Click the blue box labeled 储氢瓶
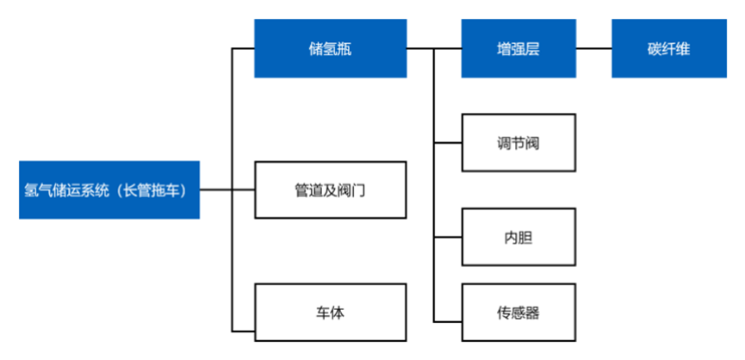point(330,48)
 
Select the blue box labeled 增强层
point(518,48)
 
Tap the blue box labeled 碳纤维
point(669,48)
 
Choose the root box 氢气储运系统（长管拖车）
point(109,190)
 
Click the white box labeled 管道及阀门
point(330,190)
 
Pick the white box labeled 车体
point(330,313)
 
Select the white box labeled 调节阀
point(518,142)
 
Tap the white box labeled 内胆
point(518,237)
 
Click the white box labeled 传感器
point(518,313)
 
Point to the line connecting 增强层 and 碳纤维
point(594,48)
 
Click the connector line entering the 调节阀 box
point(448,142)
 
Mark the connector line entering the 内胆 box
point(448,237)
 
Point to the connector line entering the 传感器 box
point(448,322)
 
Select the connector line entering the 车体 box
point(243,332)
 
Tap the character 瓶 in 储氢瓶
point(345,49)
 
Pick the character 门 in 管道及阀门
point(359,191)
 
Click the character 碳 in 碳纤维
point(655,49)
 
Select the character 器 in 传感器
point(532,313)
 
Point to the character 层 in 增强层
point(532,49)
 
